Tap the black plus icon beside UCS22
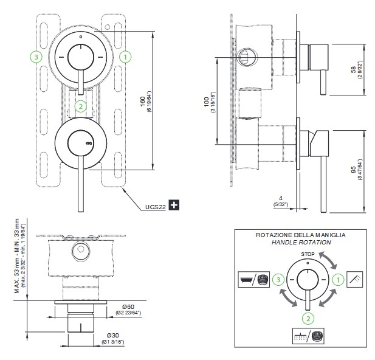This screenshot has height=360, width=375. pos(174,206)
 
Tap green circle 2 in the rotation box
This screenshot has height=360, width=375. pos(308,317)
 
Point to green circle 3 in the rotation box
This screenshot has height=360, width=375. pos(277,280)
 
